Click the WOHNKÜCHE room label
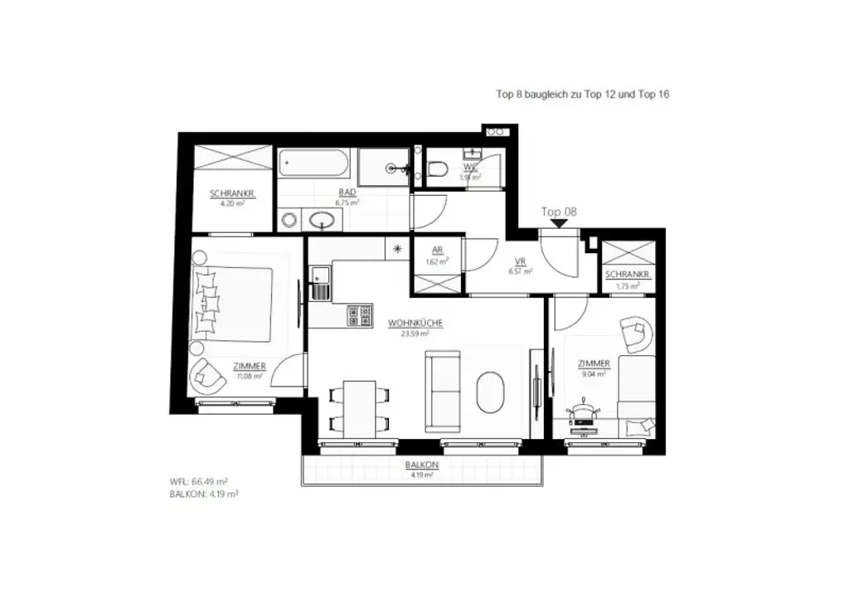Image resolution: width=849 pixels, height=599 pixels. [x=415, y=324]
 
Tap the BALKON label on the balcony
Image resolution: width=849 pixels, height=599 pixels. [x=422, y=465]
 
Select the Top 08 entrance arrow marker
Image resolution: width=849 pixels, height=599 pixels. [x=559, y=223]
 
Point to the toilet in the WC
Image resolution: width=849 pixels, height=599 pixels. [x=437, y=169]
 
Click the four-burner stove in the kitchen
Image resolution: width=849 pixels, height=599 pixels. [x=359, y=314]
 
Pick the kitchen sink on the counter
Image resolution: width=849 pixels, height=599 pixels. [x=319, y=284]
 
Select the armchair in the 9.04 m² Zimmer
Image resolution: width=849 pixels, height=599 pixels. [x=636, y=333]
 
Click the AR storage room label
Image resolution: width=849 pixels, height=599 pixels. [x=437, y=250]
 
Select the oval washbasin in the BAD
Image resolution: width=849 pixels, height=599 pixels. [x=323, y=219]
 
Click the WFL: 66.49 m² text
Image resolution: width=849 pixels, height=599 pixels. [x=198, y=480]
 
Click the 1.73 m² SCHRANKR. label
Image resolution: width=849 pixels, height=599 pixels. [x=628, y=286]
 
